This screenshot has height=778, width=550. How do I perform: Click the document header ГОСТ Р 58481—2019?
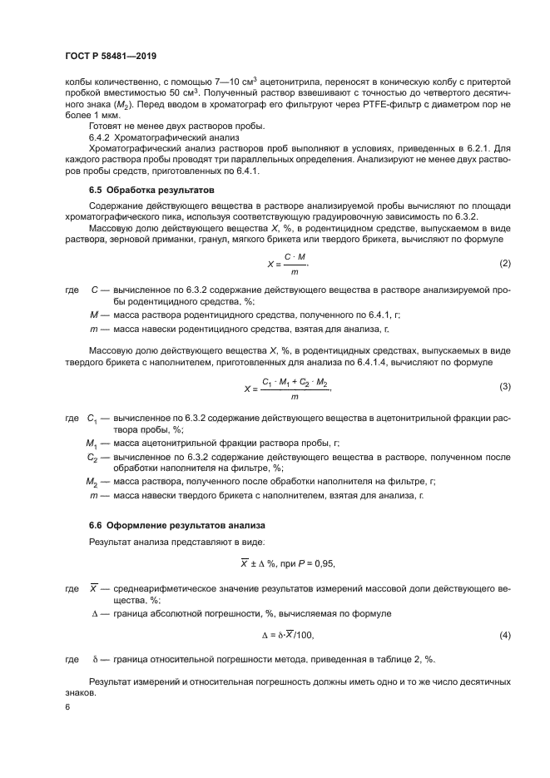point(111,55)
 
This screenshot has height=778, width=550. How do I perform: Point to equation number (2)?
point(504,264)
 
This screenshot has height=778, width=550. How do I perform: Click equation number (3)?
point(504,387)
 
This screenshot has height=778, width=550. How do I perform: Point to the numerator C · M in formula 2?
point(293,256)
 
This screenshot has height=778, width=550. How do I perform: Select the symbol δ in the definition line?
point(96,660)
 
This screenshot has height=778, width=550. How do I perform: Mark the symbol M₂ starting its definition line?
point(93,481)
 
